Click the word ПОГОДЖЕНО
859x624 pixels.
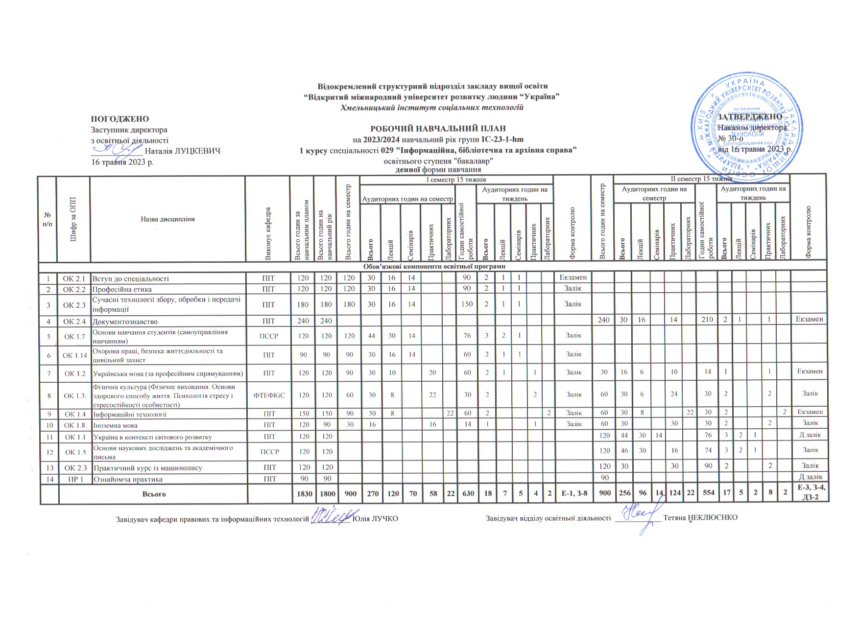119,119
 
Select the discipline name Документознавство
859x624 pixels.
125,322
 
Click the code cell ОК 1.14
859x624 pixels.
74,355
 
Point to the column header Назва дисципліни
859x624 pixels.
167,219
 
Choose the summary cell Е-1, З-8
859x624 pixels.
573,494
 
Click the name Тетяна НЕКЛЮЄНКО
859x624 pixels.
700,518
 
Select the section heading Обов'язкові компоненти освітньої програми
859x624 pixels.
433,267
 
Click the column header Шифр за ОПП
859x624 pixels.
73,219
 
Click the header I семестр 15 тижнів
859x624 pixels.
456,180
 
